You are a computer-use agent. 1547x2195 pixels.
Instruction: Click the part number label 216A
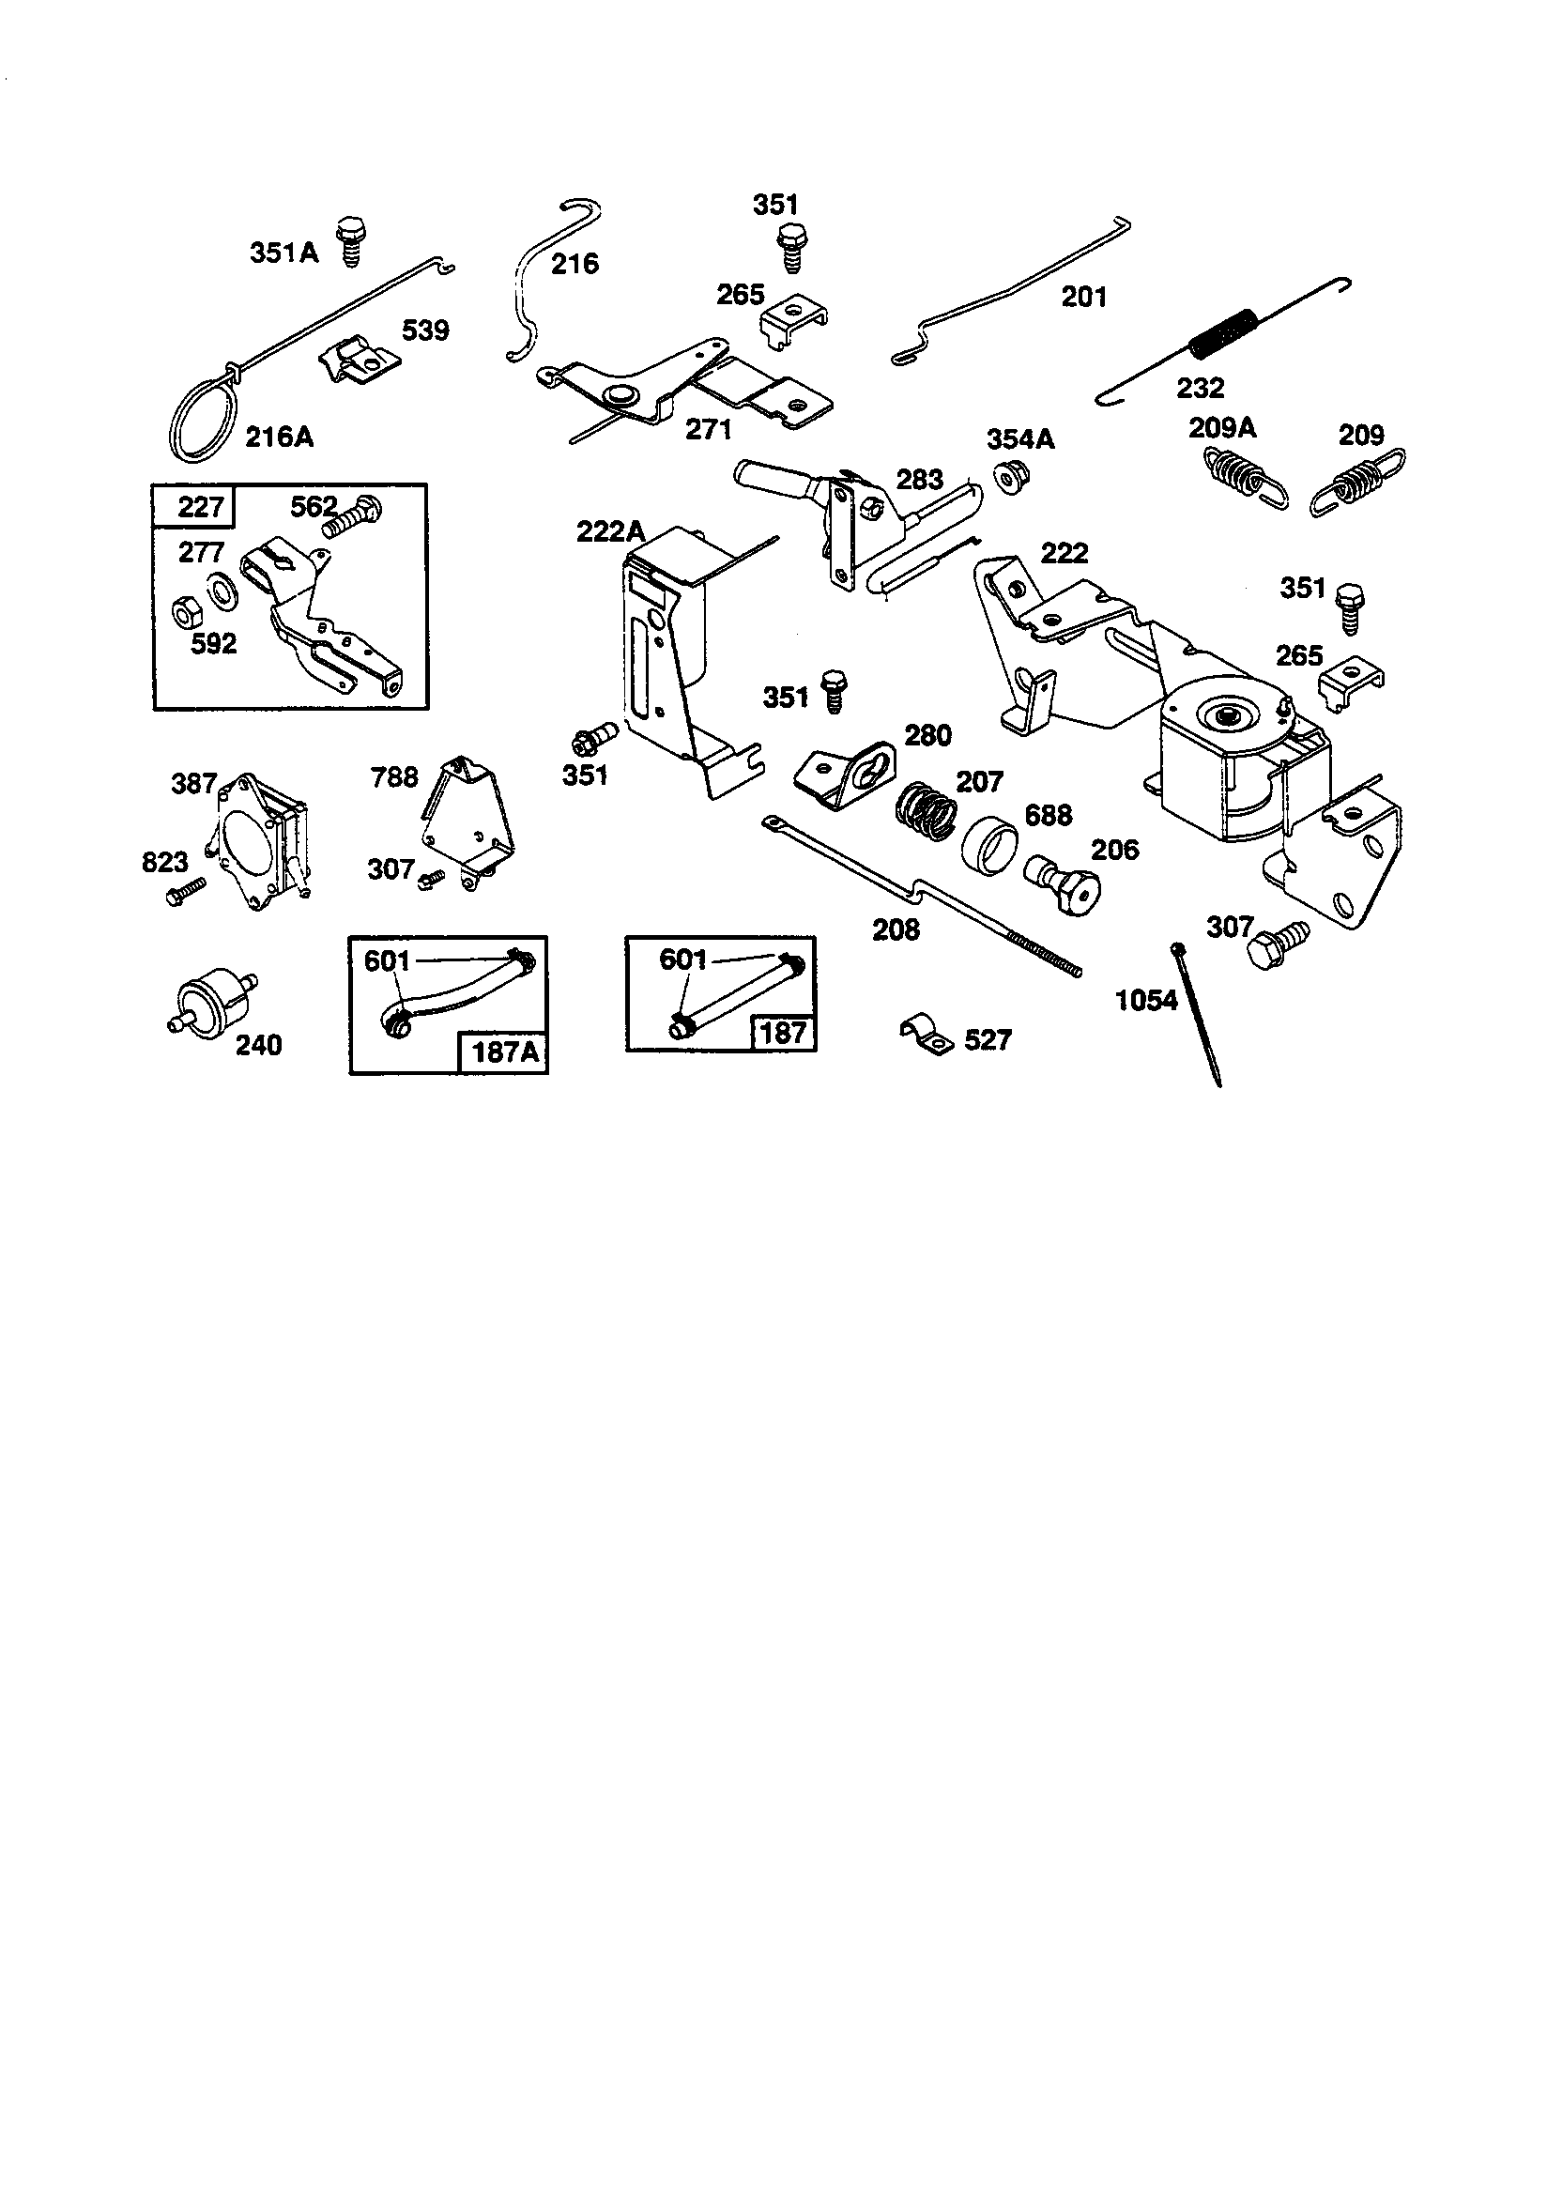pos(279,437)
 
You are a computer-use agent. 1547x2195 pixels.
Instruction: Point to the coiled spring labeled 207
pos(927,813)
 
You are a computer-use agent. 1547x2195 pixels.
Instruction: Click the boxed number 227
pos(200,506)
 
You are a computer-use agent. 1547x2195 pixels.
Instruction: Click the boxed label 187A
pos(505,1051)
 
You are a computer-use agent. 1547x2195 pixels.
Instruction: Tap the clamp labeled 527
pos(927,1035)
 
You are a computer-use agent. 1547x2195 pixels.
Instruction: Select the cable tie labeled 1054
pos(1197,1013)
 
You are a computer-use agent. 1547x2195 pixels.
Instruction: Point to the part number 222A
pos(611,531)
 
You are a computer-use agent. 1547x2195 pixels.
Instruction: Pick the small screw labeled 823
pos(186,892)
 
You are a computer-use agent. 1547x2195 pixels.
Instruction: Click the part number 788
pos(395,776)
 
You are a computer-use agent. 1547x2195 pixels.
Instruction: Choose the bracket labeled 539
pos(356,360)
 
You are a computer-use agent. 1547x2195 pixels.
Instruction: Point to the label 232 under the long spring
pos(1201,387)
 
